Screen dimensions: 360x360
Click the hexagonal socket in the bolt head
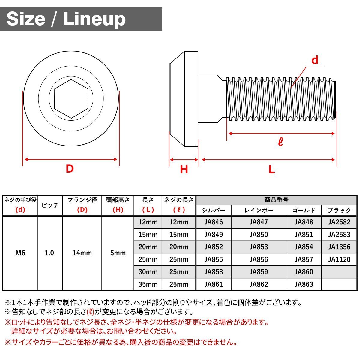pyautogui.click(x=71, y=99)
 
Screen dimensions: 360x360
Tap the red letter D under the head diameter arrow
pyautogui.click(x=70, y=169)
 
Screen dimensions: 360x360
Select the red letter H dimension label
pyautogui.click(x=184, y=169)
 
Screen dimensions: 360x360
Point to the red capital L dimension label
pyautogui.click(x=271, y=169)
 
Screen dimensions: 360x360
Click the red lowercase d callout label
pyautogui.click(x=315, y=60)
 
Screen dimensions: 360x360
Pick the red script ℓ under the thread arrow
pyautogui.click(x=280, y=142)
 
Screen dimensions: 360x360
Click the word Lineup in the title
pyautogui.click(x=94, y=19)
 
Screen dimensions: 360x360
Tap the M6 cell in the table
pyautogui.click(x=20, y=253)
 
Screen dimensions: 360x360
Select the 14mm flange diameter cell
pyautogui.click(x=82, y=253)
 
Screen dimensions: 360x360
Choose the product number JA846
pyautogui.click(x=214, y=222)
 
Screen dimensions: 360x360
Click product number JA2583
pyautogui.click(x=339, y=235)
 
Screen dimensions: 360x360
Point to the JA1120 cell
pyautogui.click(x=339, y=259)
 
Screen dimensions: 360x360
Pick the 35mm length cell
pyautogui.click(x=148, y=284)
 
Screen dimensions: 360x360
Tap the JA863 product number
pyautogui.click(x=304, y=284)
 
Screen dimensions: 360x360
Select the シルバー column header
pyautogui.click(x=214, y=210)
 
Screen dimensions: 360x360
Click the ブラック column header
pyautogui.click(x=339, y=210)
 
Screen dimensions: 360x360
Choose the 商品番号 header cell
pyautogui.click(x=276, y=200)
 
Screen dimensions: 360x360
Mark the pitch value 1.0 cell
pyautogui.click(x=49, y=253)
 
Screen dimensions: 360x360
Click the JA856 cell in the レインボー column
pyautogui.click(x=259, y=259)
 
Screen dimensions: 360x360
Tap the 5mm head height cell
pyautogui.click(x=118, y=253)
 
